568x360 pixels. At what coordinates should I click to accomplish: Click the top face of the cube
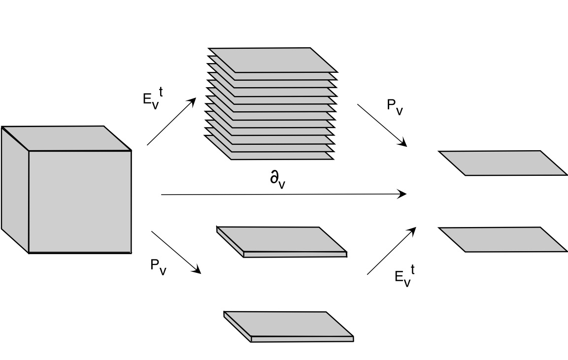(67, 138)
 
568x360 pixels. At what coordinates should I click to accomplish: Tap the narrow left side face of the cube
(15, 190)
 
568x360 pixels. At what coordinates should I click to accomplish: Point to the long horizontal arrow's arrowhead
(402, 194)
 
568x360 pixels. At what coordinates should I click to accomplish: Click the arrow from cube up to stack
(171, 121)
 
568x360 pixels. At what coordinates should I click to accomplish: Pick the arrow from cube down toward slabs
(176, 252)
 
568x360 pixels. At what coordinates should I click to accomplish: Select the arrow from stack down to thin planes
(382, 125)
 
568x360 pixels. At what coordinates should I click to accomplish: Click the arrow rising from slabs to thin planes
(392, 251)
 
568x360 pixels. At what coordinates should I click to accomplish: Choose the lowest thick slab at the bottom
(288, 324)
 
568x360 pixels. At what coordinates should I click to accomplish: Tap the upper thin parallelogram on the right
(502, 163)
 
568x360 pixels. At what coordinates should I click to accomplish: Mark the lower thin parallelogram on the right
(502, 239)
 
